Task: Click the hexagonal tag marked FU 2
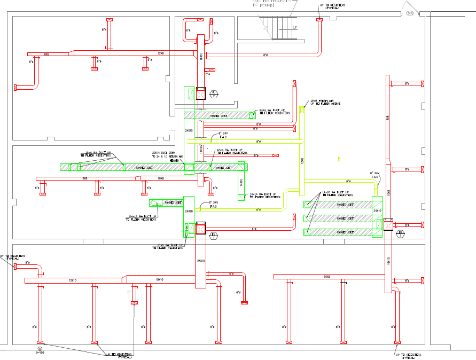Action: tap(214, 94)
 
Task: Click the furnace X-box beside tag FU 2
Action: tap(200, 94)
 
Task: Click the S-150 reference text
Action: tap(40, 353)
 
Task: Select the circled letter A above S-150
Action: tap(40, 348)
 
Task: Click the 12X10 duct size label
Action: tap(73, 280)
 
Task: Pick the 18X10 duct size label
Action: tap(159, 279)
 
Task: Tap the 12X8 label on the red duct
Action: tap(160, 53)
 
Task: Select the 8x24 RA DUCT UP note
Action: tap(275, 112)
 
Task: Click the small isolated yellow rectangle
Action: tap(339, 159)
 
